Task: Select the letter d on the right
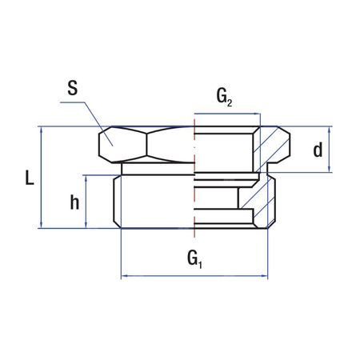pyautogui.click(x=318, y=149)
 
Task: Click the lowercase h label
pyautogui.click(x=74, y=203)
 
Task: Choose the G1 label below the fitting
pyautogui.click(x=194, y=257)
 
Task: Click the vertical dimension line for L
pyautogui.click(x=42, y=178)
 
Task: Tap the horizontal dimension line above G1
pyautogui.click(x=194, y=276)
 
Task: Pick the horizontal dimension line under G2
pyautogui.click(x=226, y=114)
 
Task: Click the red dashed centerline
pyautogui.click(x=194, y=184)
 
